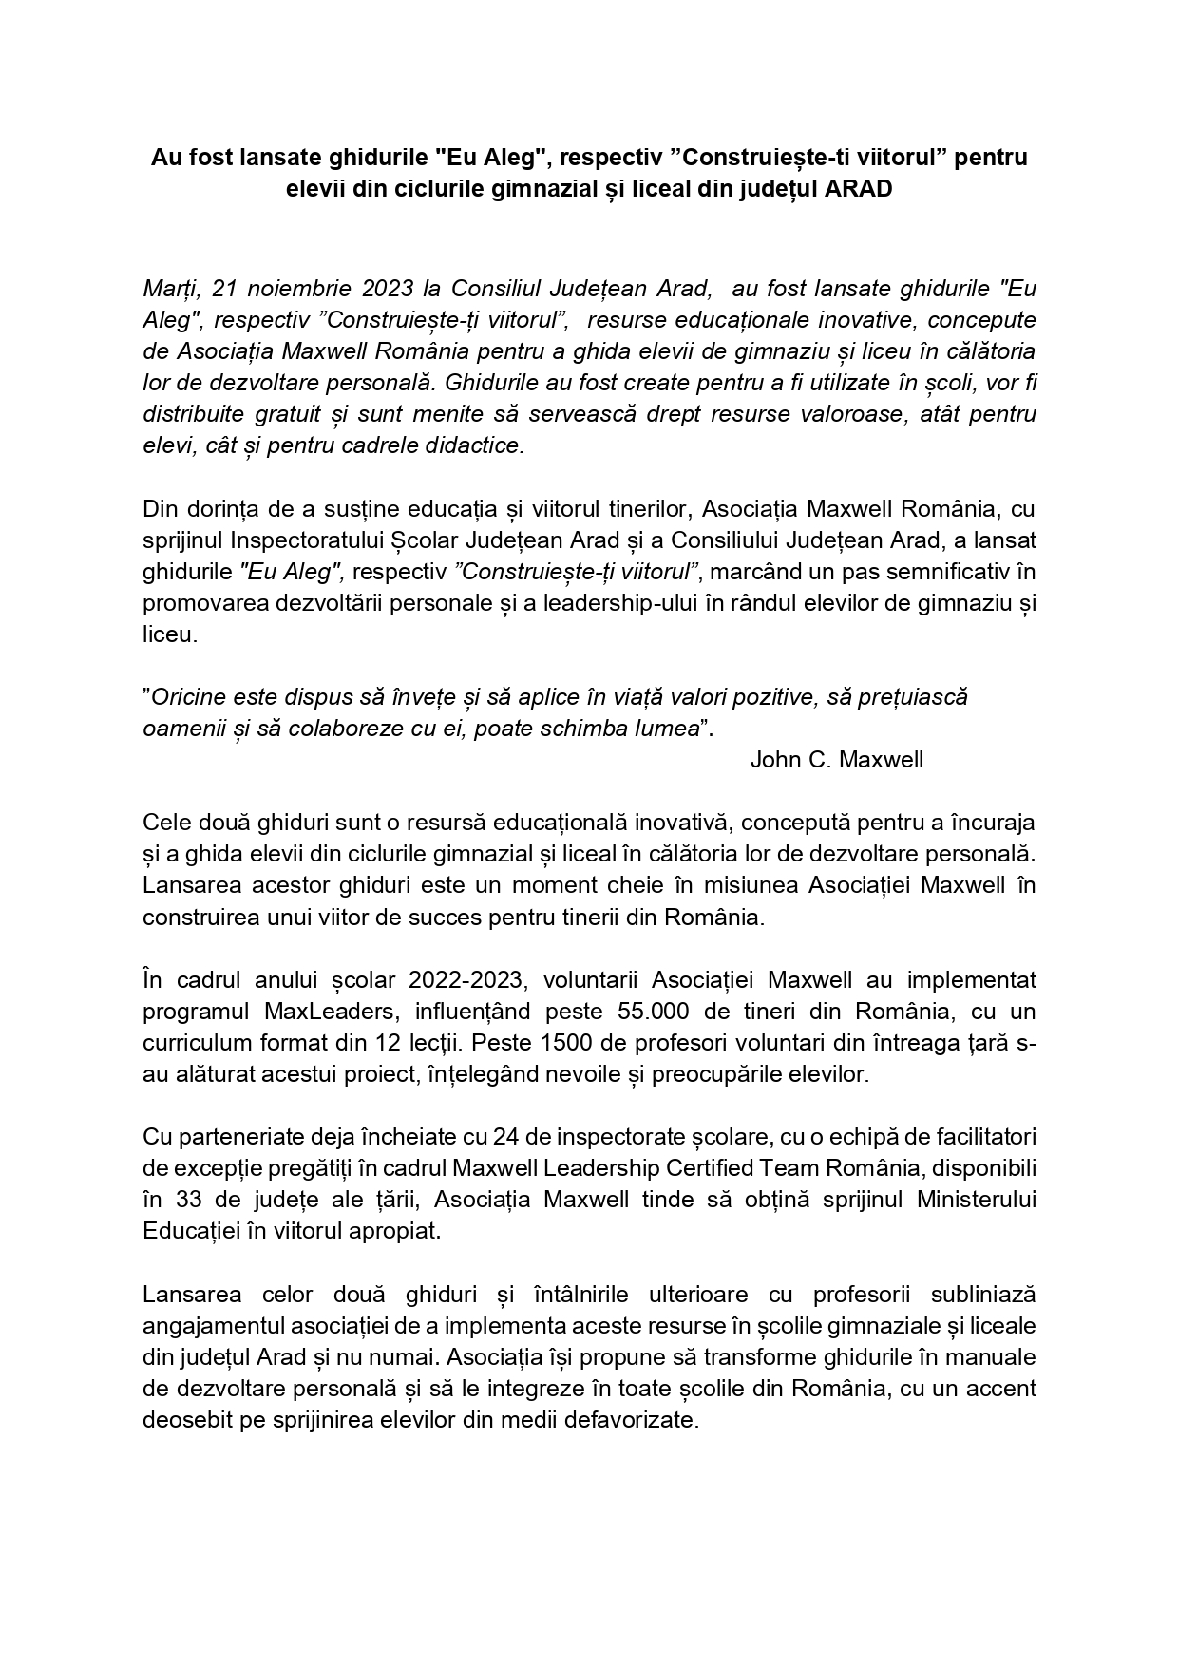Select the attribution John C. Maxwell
(836, 760)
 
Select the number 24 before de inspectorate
(504, 1136)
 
